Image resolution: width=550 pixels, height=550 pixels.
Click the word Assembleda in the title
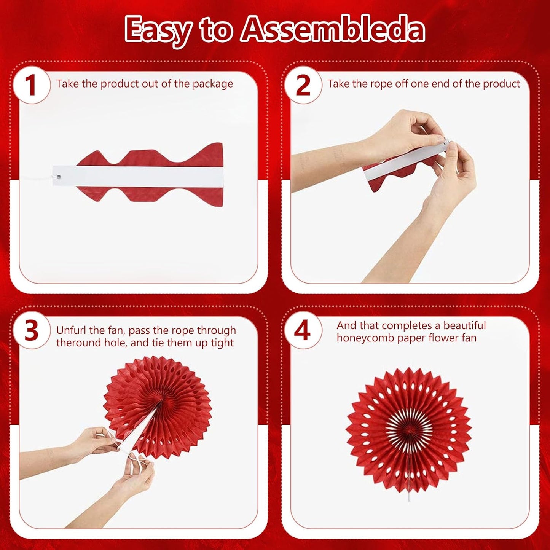333,30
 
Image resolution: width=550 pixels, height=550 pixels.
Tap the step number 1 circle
31,84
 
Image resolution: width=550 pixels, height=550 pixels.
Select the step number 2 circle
303,84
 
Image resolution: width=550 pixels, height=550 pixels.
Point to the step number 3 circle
31,331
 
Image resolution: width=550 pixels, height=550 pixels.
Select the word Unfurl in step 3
72,330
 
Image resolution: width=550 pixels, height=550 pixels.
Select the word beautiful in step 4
464,326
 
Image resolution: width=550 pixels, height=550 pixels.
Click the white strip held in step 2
403,160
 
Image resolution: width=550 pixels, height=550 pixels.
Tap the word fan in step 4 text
468,338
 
